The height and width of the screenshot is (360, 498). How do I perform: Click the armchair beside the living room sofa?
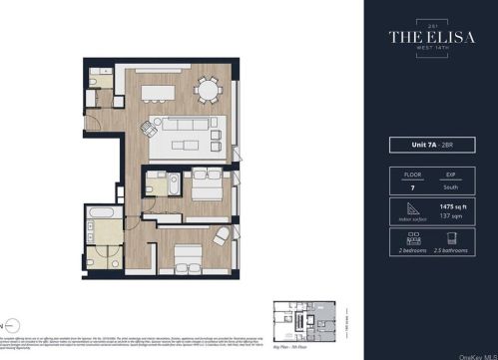point(150,128)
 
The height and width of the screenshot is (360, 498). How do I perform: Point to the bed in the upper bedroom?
point(205,184)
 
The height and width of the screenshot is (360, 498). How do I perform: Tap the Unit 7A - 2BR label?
point(428,145)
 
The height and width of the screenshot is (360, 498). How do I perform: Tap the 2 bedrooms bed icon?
point(408,237)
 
